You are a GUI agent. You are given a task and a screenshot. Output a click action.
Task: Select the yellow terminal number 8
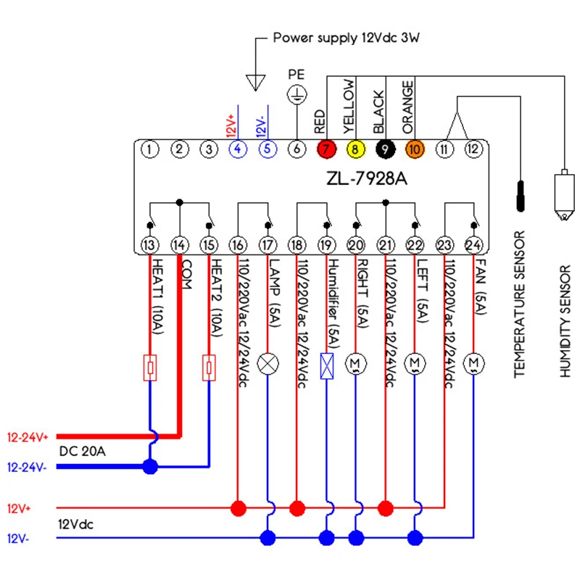pos(355,149)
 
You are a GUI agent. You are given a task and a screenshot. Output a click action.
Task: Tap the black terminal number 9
pos(385,149)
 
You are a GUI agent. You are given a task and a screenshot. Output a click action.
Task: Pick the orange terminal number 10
pos(414,149)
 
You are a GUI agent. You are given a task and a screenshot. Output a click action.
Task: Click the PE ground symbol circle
pos(297,92)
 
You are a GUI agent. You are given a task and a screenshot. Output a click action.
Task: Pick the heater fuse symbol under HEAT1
pos(150,367)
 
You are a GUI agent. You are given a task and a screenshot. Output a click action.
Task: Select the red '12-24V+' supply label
pos(28,437)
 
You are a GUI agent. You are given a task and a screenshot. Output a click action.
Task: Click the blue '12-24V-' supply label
pos(27,468)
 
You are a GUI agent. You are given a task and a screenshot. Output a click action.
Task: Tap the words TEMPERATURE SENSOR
pos(519,304)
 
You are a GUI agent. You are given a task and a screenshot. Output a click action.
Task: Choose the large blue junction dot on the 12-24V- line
pos(150,466)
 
